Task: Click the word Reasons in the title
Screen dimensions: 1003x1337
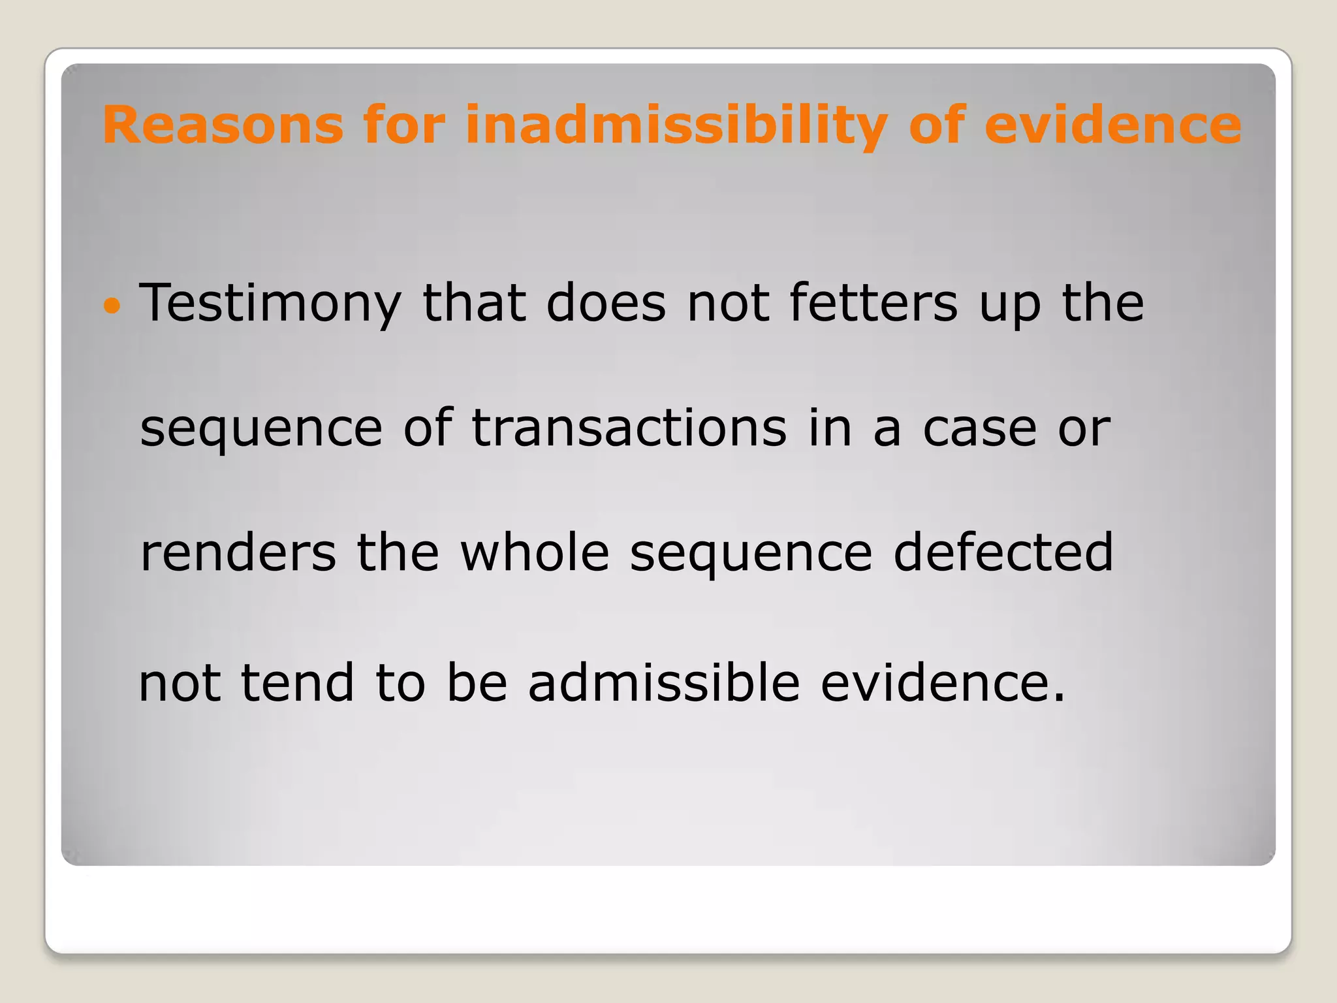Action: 223,125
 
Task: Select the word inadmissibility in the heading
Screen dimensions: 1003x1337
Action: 676,125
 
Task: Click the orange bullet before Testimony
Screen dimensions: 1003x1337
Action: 112,305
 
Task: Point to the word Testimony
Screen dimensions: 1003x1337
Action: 270,304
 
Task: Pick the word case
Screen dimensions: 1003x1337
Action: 979,429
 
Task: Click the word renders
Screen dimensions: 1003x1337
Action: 238,553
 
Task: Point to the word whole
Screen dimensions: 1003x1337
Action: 535,552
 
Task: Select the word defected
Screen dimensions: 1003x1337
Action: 1003,552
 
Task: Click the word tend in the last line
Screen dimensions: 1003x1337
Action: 298,683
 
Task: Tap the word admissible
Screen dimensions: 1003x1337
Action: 663,682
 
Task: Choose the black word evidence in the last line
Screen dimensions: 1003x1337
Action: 933,682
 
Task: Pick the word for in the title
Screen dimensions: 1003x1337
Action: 404,125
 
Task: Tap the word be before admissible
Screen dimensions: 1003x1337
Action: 477,682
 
